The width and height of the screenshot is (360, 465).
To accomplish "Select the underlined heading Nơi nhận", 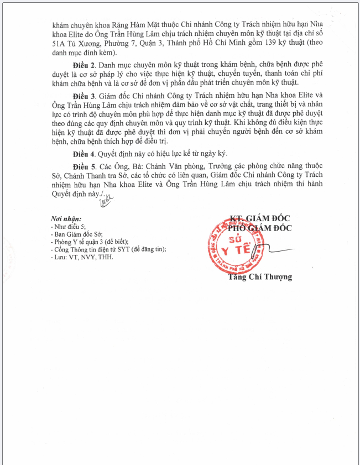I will [x=66, y=219].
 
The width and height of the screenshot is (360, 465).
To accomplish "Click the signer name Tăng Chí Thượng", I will [x=260, y=277].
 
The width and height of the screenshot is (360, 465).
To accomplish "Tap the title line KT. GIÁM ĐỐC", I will [x=260, y=218].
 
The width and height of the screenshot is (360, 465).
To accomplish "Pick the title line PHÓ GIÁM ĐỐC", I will [x=260, y=227].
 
